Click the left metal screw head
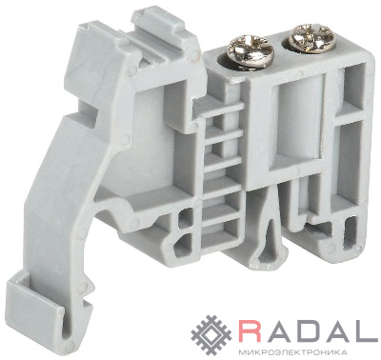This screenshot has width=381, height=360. tap(251, 50)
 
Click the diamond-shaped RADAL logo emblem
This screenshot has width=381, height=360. tap(212, 334)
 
